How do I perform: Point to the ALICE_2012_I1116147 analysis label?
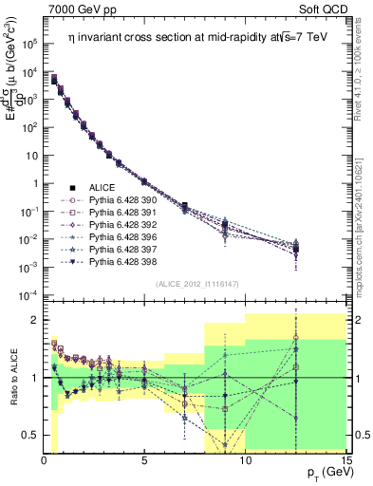tap(196, 283)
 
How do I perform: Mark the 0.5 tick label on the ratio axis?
tap(28, 435)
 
